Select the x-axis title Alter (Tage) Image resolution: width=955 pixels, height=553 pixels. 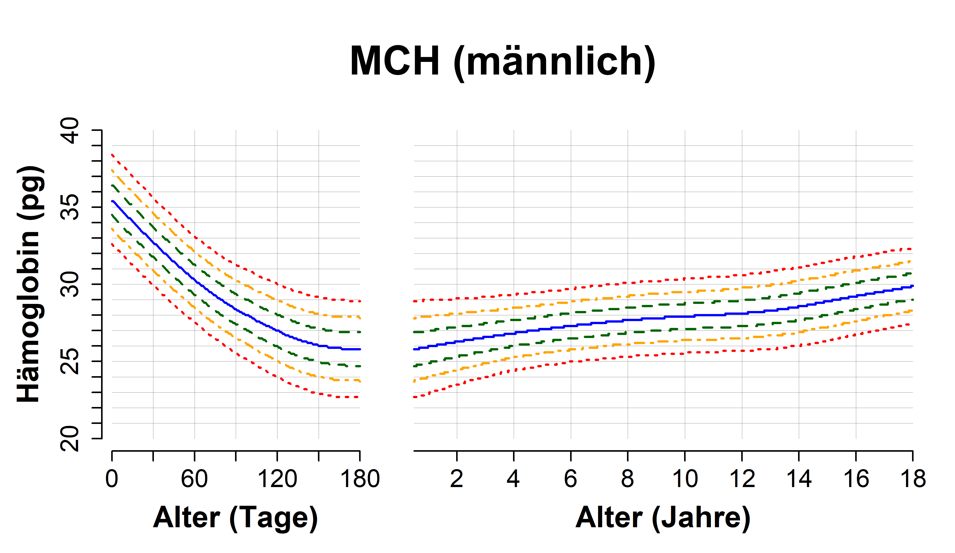pyautogui.click(x=235, y=518)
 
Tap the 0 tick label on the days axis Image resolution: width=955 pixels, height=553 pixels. pyautogui.click(x=112, y=479)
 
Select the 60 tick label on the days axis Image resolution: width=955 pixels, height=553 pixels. pyautogui.click(x=194, y=479)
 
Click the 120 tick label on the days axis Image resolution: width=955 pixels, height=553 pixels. pyautogui.click(x=277, y=479)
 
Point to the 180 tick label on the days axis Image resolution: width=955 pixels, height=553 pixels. pyautogui.click(x=360, y=479)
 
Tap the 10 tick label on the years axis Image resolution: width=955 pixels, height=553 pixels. pyautogui.click(x=685, y=479)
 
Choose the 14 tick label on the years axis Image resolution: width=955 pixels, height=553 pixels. pyautogui.click(x=799, y=479)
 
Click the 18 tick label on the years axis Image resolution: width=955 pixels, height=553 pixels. pyautogui.click(x=913, y=479)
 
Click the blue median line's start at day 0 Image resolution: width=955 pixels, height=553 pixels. pyautogui.click(x=112, y=202)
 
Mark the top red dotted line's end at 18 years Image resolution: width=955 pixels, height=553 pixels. pyautogui.click(x=911, y=249)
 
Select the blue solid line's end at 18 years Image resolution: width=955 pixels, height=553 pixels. pyautogui.click(x=912, y=286)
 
